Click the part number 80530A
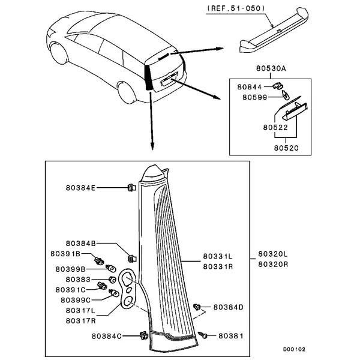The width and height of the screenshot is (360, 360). tap(271, 68)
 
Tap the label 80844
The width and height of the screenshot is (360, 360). tap(250, 87)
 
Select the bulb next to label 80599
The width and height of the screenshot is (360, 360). tap(285, 95)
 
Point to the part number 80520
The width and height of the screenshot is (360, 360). tap(286, 148)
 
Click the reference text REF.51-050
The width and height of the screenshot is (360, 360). tap(236, 8)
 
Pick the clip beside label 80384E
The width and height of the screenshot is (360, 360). tap(131, 188)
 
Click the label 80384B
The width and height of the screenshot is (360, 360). tap(80, 244)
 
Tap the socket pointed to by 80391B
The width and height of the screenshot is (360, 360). tap(99, 261)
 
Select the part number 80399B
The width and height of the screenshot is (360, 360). tap(70, 269)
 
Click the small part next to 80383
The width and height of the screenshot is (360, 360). tap(112, 280)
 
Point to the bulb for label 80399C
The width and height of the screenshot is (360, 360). tap(114, 293)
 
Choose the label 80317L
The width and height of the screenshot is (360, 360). tap(80, 311)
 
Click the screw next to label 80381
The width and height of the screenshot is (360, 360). tap(203, 335)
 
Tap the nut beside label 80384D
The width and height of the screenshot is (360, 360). tap(197, 307)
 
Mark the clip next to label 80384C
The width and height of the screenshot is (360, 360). tap(144, 336)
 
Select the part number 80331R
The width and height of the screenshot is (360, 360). tap(218, 266)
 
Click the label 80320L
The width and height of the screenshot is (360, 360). tap(273, 254)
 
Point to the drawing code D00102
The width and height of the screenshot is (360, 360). tap(294, 349)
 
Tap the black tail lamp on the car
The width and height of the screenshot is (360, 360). tap(148, 77)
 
